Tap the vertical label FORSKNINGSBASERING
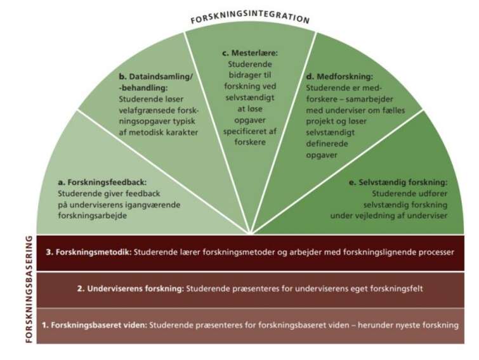tap(29, 289)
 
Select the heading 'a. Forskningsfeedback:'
tap(102, 182)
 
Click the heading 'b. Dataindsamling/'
tap(155, 77)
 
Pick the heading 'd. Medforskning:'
tap(339, 77)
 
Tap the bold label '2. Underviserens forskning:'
tap(131, 289)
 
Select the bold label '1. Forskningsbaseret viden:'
tap(95, 325)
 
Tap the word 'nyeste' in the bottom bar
tap(400, 325)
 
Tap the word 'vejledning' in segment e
tap(381, 215)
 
